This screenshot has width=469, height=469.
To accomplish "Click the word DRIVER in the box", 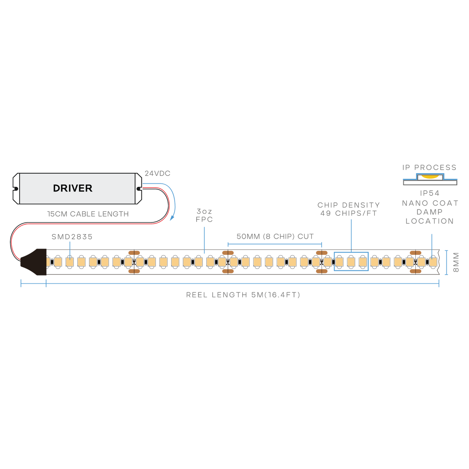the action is tap(73, 188).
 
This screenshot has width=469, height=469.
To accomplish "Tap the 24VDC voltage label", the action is tap(158, 174).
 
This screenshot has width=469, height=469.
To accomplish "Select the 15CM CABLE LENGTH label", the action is tap(88, 214).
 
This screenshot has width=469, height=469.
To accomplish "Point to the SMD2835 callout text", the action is tap(72, 237).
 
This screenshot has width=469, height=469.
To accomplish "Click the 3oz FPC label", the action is tap(204, 215).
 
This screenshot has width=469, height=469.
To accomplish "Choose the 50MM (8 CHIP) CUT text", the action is tap(275, 236).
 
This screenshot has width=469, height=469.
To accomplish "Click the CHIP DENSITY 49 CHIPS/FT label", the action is tap(349, 209).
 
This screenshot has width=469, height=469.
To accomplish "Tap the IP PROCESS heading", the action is tap(429, 167).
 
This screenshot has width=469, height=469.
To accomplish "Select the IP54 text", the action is tap(430, 193).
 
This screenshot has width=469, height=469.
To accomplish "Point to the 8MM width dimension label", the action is tap(456, 262).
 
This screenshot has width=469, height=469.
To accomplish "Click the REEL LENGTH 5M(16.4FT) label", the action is tap(243, 295).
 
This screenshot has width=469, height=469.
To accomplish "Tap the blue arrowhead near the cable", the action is tap(172, 218).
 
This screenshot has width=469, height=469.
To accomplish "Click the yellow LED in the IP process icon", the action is tap(430, 176).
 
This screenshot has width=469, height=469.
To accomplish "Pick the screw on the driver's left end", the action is tap(16, 189).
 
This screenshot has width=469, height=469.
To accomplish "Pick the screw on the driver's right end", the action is tap(138, 189).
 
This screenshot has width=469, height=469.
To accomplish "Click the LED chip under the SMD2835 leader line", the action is tap(70, 262).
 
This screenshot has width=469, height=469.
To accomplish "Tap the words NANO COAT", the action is tap(430, 203).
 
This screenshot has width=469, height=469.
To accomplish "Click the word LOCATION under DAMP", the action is tap(430, 221).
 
